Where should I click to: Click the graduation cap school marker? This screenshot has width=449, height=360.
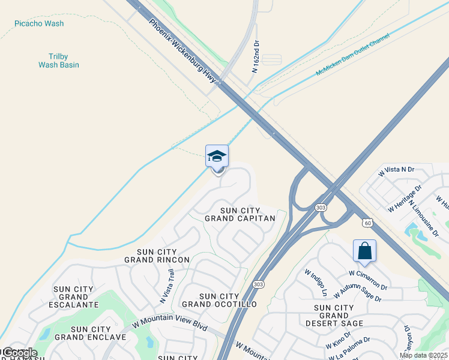click(x=217, y=157)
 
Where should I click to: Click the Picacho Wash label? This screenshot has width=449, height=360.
click(x=39, y=23)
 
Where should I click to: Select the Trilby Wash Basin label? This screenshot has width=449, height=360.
click(x=56, y=60)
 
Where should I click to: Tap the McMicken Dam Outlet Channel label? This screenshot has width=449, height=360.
click(x=352, y=55)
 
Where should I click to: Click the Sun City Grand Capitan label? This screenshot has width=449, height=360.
click(x=240, y=214)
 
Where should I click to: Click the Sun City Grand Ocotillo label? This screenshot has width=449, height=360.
click(x=219, y=301)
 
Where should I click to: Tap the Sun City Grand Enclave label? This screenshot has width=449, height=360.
click(x=91, y=333)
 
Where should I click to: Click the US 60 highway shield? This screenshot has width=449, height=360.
click(x=367, y=223)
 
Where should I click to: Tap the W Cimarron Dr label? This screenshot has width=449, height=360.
click(x=368, y=280)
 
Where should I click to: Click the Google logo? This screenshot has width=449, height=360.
click(x=19, y=353)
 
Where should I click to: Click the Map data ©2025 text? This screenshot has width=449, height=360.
click(x=423, y=355)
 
